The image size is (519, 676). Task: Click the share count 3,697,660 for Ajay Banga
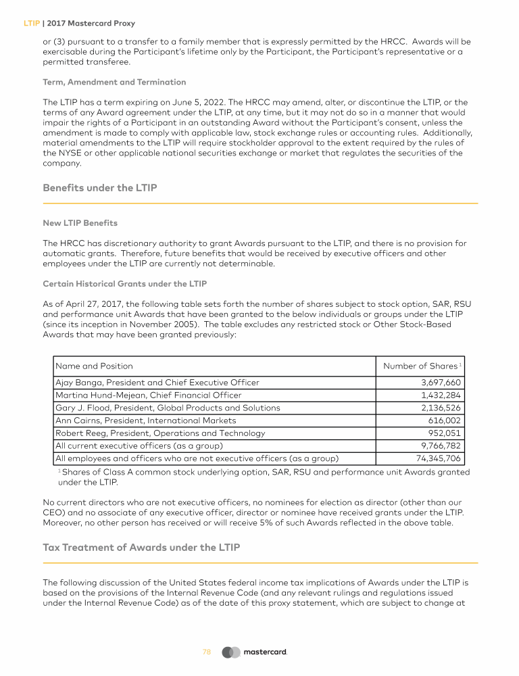coord(441,383)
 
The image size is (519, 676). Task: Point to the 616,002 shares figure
coord(446,420)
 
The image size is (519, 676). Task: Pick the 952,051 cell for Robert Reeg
coord(445,433)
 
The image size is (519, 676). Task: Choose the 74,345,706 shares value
coord(438,458)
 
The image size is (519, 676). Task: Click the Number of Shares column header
coord(420,366)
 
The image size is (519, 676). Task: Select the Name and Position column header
coord(94,366)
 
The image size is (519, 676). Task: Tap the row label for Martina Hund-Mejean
coord(148,395)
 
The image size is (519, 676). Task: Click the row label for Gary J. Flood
coord(168,408)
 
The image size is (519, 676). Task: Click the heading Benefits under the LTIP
coord(100,188)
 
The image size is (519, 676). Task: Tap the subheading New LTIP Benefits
coord(80,222)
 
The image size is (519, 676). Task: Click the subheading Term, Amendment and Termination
coord(114,82)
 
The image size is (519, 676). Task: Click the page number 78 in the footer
coord(207,652)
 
